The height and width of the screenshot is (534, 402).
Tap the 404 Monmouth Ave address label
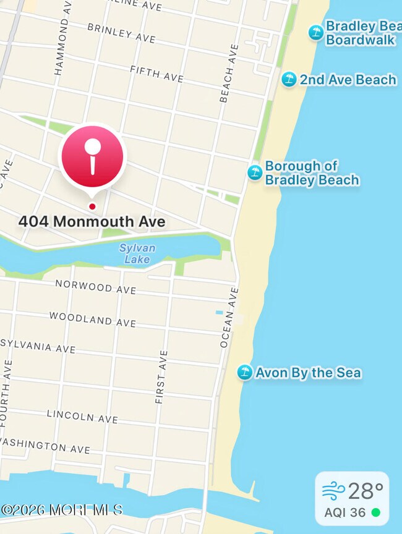click(92, 221)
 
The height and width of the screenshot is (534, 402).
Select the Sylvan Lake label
click(137, 253)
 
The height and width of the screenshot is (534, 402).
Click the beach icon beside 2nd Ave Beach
click(289, 79)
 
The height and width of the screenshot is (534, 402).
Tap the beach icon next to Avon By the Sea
click(245, 372)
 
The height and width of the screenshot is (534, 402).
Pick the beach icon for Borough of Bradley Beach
click(255, 172)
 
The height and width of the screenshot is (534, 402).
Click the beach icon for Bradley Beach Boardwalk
click(316, 32)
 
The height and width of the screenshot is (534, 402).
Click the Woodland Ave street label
click(93, 320)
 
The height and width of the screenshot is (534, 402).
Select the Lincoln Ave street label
click(82, 416)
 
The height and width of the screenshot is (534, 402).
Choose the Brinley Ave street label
click(121, 33)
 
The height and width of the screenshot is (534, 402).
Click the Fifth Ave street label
click(157, 74)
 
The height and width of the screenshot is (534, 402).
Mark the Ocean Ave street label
click(228, 316)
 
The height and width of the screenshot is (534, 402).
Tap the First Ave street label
click(161, 377)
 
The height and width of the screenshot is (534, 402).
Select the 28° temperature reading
click(366, 491)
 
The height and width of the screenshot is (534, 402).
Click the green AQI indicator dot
click(375, 513)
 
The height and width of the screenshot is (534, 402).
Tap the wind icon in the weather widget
click(333, 491)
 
